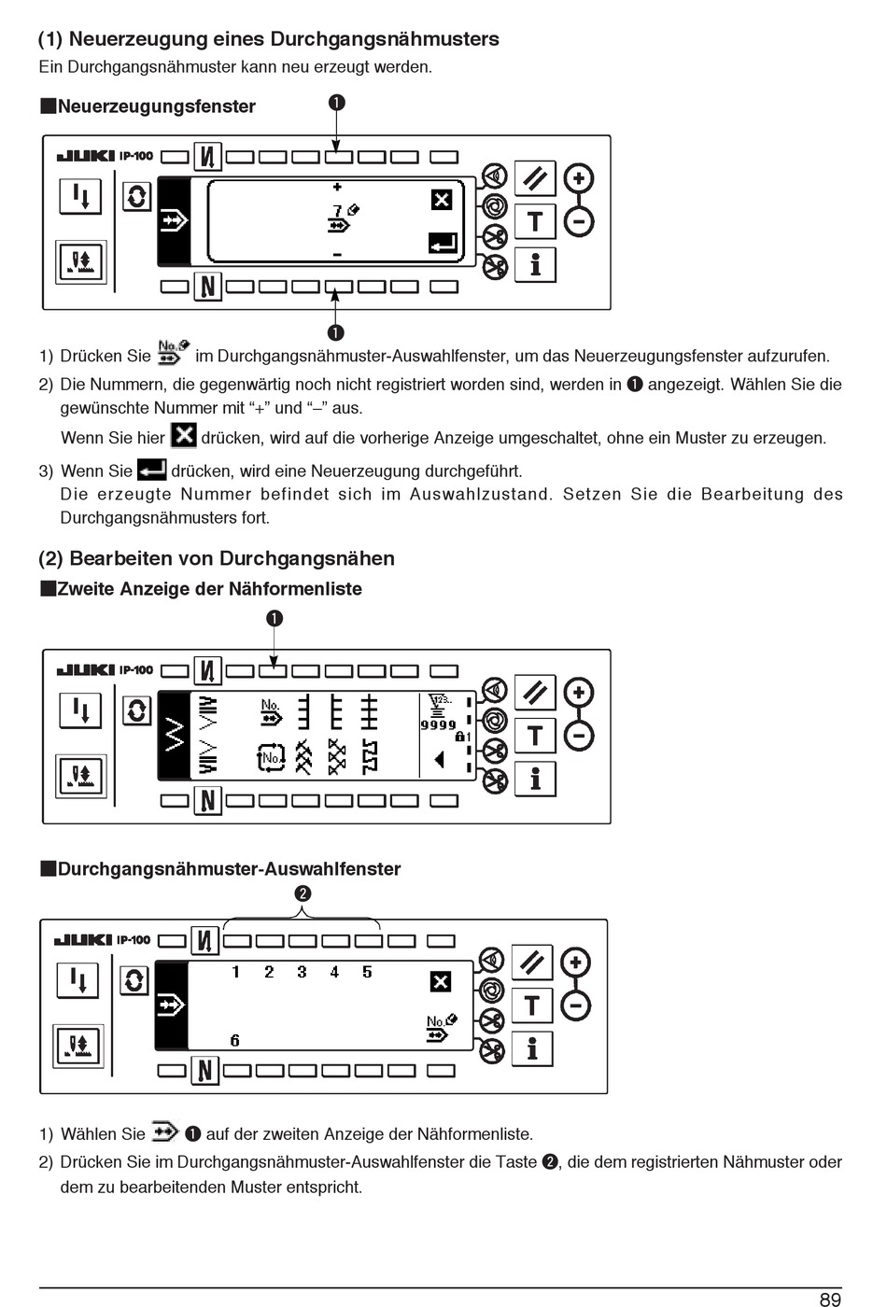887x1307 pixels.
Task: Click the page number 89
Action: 830,1299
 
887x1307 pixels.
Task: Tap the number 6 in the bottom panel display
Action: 234,1040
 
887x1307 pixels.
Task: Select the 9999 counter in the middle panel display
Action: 438,724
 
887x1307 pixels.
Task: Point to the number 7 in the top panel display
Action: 337,211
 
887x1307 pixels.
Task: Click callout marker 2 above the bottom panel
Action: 303,893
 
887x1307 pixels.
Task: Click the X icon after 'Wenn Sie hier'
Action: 183,436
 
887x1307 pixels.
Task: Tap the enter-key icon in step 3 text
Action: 151,470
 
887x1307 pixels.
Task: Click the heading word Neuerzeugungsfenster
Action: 156,106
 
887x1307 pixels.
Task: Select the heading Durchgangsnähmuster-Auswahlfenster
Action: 229,869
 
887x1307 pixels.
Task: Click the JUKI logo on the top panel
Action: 86,156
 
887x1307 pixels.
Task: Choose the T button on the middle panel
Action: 535,736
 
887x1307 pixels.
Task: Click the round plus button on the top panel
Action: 579,178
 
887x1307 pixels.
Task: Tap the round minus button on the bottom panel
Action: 576,1006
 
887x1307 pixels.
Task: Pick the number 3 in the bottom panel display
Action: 302,972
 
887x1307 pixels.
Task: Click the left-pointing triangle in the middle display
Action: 438,759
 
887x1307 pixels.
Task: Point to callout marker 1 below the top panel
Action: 336,332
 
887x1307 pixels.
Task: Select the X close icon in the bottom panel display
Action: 440,981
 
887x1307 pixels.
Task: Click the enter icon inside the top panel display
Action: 443,244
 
